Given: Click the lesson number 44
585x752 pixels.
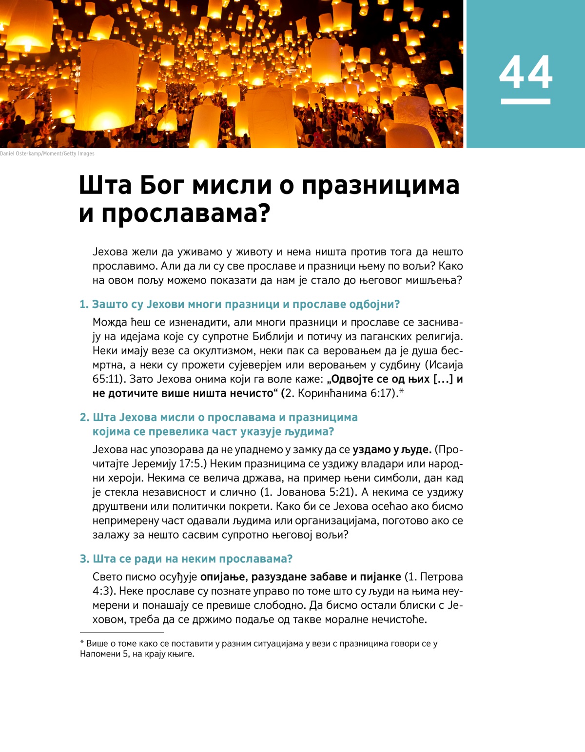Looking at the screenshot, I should pyautogui.click(x=526, y=72).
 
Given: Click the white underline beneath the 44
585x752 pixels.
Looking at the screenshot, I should pyautogui.click(x=526, y=101).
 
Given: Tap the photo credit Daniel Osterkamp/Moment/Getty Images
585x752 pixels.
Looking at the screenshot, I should pyautogui.click(x=47, y=154).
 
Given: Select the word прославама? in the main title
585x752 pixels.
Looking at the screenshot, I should pyautogui.click(x=186, y=213).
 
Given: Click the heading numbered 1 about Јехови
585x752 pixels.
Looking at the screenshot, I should pyautogui.click(x=239, y=304).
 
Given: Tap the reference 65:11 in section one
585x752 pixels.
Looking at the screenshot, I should pyautogui.click(x=106, y=379).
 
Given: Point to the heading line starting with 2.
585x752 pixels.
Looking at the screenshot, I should pyautogui.click(x=219, y=417).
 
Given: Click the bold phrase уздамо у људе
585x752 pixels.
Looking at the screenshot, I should pyautogui.click(x=391, y=449).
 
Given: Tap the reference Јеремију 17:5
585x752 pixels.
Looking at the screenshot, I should pyautogui.click(x=164, y=463).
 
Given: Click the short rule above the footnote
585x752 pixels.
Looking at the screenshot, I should pyautogui.click(x=122, y=632).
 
